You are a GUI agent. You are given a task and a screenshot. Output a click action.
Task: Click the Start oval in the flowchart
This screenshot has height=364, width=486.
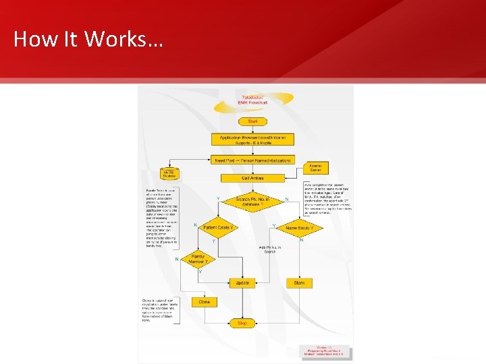coord(253,121)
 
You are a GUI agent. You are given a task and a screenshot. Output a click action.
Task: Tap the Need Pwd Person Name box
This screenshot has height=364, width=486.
coord(252,160)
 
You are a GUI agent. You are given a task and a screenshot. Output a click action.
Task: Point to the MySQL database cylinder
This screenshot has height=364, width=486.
coord(168,174)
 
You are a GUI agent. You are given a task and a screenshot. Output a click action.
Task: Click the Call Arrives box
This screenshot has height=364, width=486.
coord(252,178)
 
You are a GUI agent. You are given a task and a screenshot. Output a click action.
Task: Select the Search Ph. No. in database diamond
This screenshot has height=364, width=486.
coord(252,202)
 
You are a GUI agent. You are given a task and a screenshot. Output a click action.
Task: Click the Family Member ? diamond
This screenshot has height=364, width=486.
coord(198,260)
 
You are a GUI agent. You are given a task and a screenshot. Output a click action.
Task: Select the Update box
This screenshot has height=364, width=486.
coord(242,283)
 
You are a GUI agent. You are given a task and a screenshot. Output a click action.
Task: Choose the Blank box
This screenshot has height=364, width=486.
coord(300,283)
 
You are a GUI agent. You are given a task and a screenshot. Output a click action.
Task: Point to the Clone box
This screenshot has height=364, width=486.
coord(205,302)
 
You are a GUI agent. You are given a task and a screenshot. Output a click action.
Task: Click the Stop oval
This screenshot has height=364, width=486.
coord(242,324)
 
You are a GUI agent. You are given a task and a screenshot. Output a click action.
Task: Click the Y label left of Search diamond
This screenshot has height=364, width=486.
coord(217,198)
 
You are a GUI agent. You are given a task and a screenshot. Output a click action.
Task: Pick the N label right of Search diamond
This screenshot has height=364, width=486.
coord(287,199)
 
